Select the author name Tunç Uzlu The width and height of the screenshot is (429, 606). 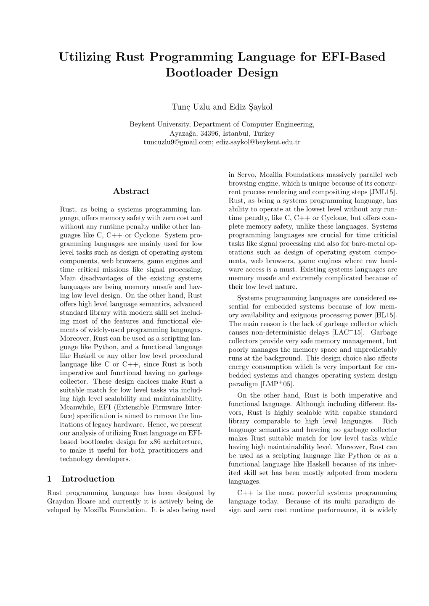[188, 107]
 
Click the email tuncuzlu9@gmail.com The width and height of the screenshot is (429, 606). [178, 142]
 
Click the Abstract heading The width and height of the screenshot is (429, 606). [131, 191]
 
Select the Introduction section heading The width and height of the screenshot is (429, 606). [88, 479]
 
